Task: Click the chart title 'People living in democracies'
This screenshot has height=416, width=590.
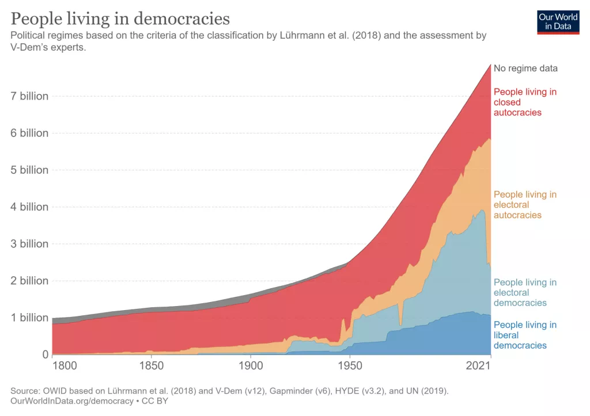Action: pyautogui.click(x=120, y=18)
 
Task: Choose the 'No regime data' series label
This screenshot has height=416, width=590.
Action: pyautogui.click(x=525, y=68)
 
